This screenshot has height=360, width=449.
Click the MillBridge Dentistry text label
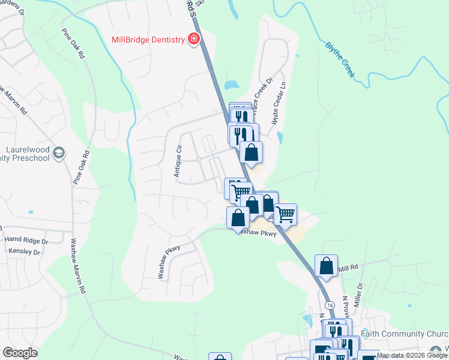click(x=148, y=40)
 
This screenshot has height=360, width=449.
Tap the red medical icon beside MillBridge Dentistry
click(x=193, y=40)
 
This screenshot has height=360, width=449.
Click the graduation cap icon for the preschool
click(x=58, y=153)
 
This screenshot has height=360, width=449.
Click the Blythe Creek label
click(x=340, y=60)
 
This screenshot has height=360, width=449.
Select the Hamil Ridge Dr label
click(x=26, y=240)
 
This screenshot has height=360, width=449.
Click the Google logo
click(x=20, y=353)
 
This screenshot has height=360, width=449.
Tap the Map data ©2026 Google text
click(x=412, y=356)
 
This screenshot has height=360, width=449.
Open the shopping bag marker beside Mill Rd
click(x=326, y=265)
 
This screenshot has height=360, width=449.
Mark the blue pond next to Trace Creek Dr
click(x=230, y=85)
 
